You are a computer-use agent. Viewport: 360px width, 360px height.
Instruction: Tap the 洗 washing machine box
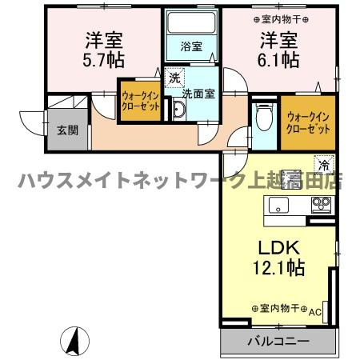click(174, 78)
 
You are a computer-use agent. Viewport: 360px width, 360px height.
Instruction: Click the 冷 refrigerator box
click(324, 164)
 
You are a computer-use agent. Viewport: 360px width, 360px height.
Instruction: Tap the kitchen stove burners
click(321, 206)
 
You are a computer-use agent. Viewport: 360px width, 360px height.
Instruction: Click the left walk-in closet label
click(140, 102)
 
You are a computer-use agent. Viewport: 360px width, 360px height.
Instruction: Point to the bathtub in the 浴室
click(190, 23)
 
